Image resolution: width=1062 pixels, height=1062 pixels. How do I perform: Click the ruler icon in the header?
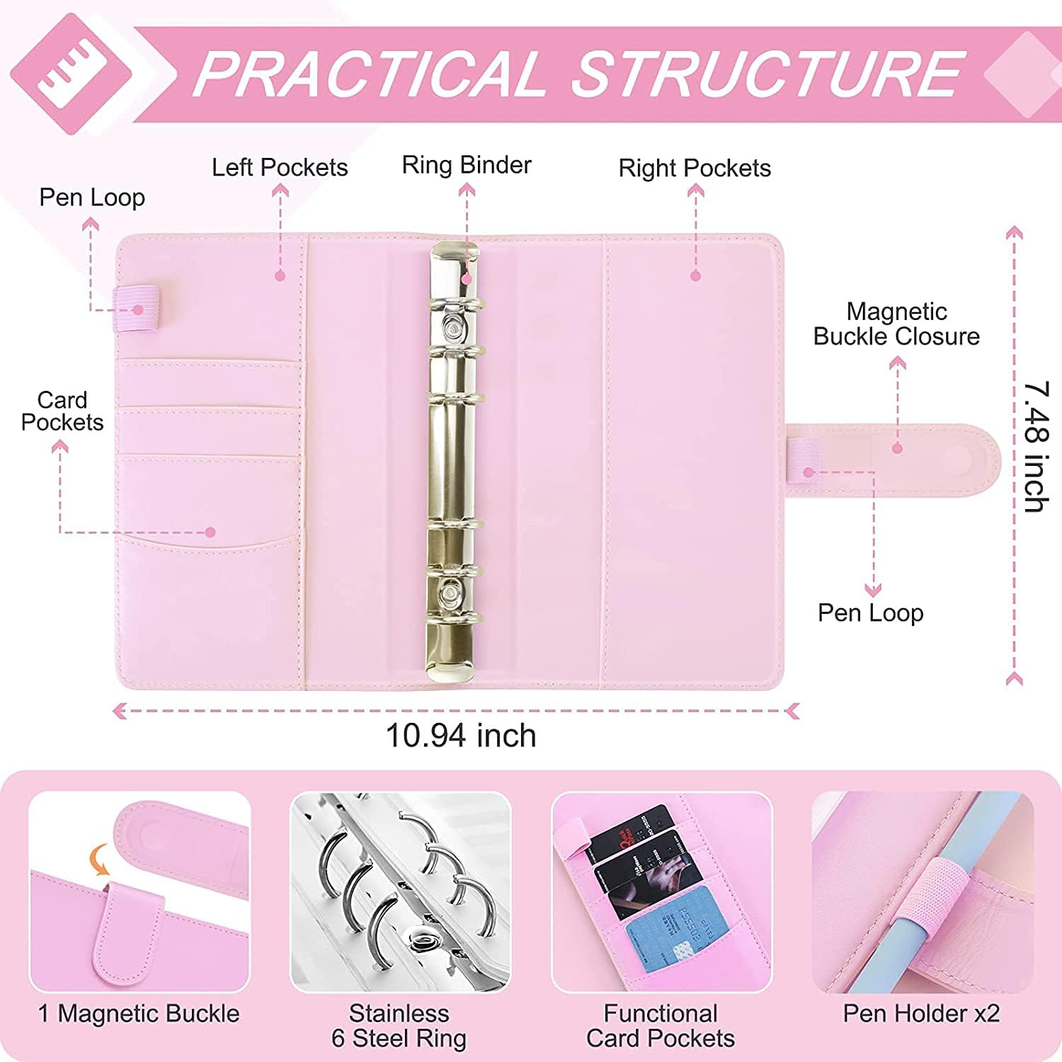tap(71, 73)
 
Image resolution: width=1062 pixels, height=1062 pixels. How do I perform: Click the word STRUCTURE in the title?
tap(768, 74)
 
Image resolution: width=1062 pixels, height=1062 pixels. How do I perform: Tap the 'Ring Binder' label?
tap(467, 165)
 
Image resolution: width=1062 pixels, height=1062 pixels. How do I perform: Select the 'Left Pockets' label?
tap(280, 168)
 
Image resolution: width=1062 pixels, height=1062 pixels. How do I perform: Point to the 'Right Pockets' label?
tap(695, 169)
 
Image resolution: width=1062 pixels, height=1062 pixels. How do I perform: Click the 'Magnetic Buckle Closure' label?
tap(896, 324)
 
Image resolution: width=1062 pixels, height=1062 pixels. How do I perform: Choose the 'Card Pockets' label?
tap(62, 411)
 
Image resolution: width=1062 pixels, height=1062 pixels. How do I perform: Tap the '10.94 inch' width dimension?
tap(461, 736)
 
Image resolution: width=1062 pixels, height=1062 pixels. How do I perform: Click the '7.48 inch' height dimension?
tap(1036, 447)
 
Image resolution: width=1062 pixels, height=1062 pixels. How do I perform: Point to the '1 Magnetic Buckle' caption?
tap(139, 1014)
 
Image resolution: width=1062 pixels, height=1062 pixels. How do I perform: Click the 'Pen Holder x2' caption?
tap(921, 1014)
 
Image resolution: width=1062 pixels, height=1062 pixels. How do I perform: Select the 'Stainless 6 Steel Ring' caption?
tap(399, 1026)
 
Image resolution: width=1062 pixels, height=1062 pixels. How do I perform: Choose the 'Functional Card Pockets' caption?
tap(661, 1026)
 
